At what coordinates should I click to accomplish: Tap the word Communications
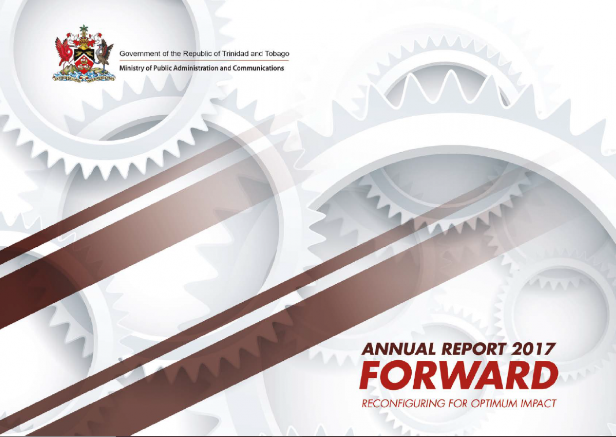(x=258, y=68)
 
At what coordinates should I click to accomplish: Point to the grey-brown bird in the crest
(x=105, y=56)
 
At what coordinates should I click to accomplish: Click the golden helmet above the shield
(x=84, y=43)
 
